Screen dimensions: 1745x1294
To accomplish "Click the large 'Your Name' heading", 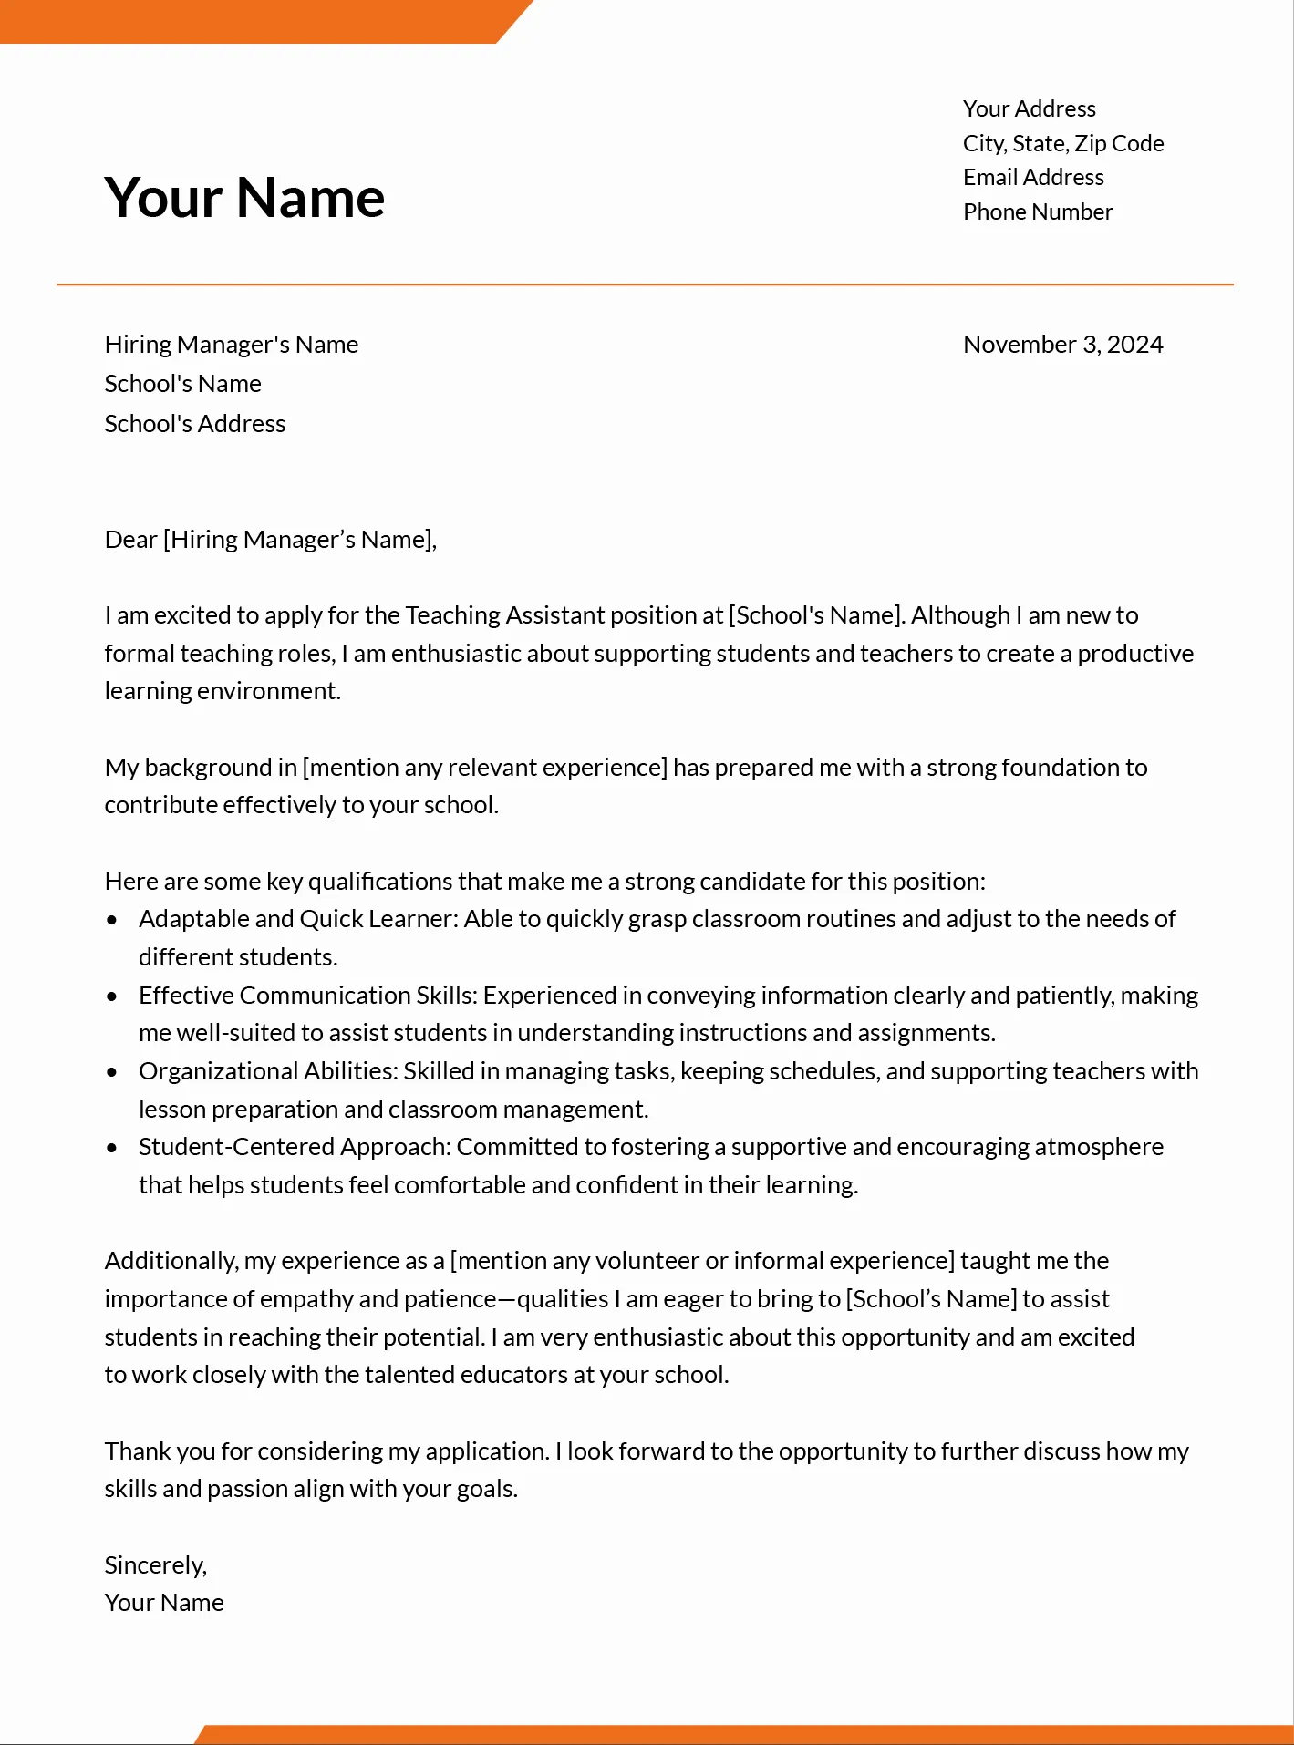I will (x=244, y=197).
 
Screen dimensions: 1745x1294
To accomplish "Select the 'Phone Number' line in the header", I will (x=1038, y=212).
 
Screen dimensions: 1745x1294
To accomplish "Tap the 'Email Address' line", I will (x=1033, y=177).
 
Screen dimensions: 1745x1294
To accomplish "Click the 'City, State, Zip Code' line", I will (x=1063, y=143).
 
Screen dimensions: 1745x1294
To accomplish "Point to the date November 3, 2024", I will (x=1063, y=345).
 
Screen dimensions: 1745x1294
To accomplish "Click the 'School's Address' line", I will (x=194, y=424).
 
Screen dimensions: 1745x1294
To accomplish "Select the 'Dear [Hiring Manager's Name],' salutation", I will (x=271, y=540).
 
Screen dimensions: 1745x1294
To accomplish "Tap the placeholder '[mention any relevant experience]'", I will (x=484, y=768).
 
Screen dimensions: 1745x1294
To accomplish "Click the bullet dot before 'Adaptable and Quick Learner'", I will (x=112, y=920).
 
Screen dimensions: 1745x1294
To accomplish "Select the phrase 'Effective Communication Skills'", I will (x=307, y=996).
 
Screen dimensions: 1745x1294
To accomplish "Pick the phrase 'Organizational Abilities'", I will (x=267, y=1071).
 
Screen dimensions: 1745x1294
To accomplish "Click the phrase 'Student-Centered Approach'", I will (x=295, y=1147).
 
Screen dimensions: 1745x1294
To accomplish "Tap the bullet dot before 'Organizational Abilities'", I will (x=112, y=1072).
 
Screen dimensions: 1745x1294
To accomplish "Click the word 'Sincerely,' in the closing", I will (x=156, y=1565).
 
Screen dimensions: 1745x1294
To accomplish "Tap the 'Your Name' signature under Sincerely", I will (x=164, y=1603).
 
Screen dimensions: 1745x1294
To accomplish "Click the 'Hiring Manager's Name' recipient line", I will (x=231, y=345).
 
